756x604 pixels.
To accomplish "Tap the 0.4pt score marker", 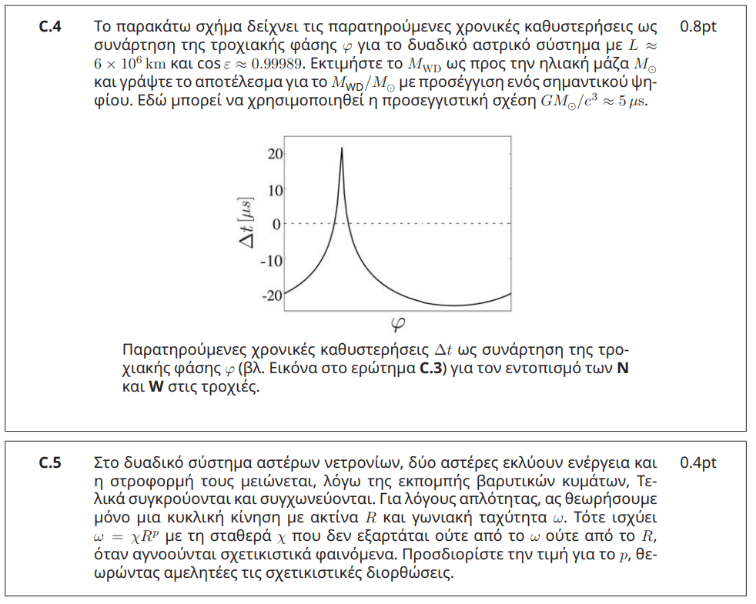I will (x=698, y=463).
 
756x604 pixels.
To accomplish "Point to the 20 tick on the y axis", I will (x=273, y=154).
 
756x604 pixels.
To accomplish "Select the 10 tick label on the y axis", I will (x=273, y=189).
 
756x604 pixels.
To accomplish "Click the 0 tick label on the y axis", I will (x=277, y=224).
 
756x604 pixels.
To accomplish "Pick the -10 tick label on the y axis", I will (x=272, y=259).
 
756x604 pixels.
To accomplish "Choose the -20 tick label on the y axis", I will (x=272, y=295).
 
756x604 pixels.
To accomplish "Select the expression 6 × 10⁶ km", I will (x=124, y=63).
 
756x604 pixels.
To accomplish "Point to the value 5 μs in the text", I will (x=631, y=102).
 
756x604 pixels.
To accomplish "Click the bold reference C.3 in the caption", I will (x=430, y=368).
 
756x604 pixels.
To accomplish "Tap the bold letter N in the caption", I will (x=624, y=368).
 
